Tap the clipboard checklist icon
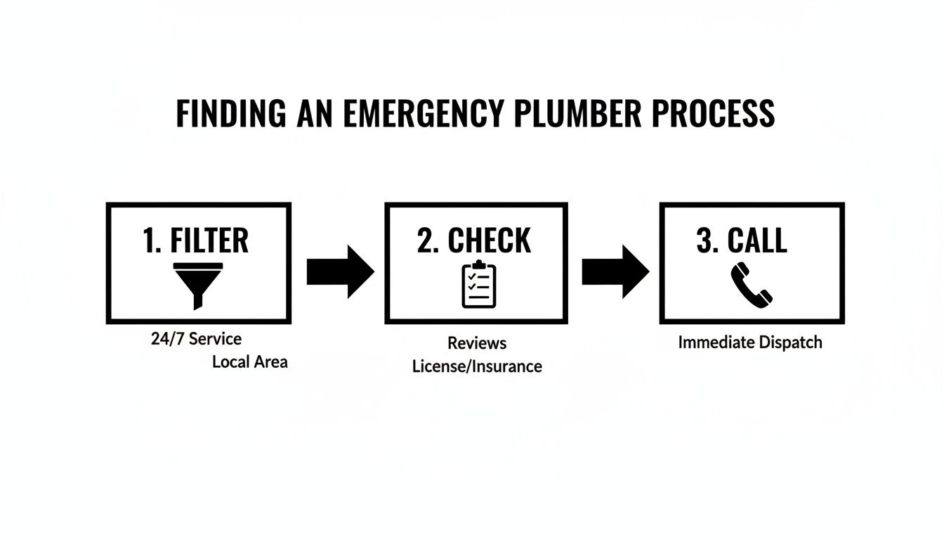[x=478, y=285]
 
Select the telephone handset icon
[x=751, y=284]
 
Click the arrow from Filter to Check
[x=340, y=272]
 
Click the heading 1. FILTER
[x=196, y=240]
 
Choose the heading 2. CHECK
[x=474, y=240]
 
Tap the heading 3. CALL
[x=742, y=240]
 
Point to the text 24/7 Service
[x=196, y=339]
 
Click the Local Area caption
[x=249, y=363]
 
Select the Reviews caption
[x=477, y=343]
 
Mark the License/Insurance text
[x=477, y=366]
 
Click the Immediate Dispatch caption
[x=749, y=343]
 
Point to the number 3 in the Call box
[x=704, y=240]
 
